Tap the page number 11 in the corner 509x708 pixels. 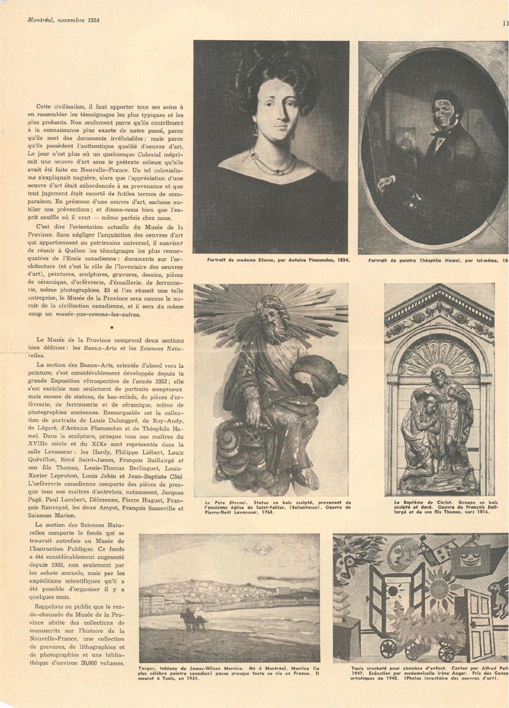point(505,23)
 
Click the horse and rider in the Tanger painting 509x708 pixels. point(192,618)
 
